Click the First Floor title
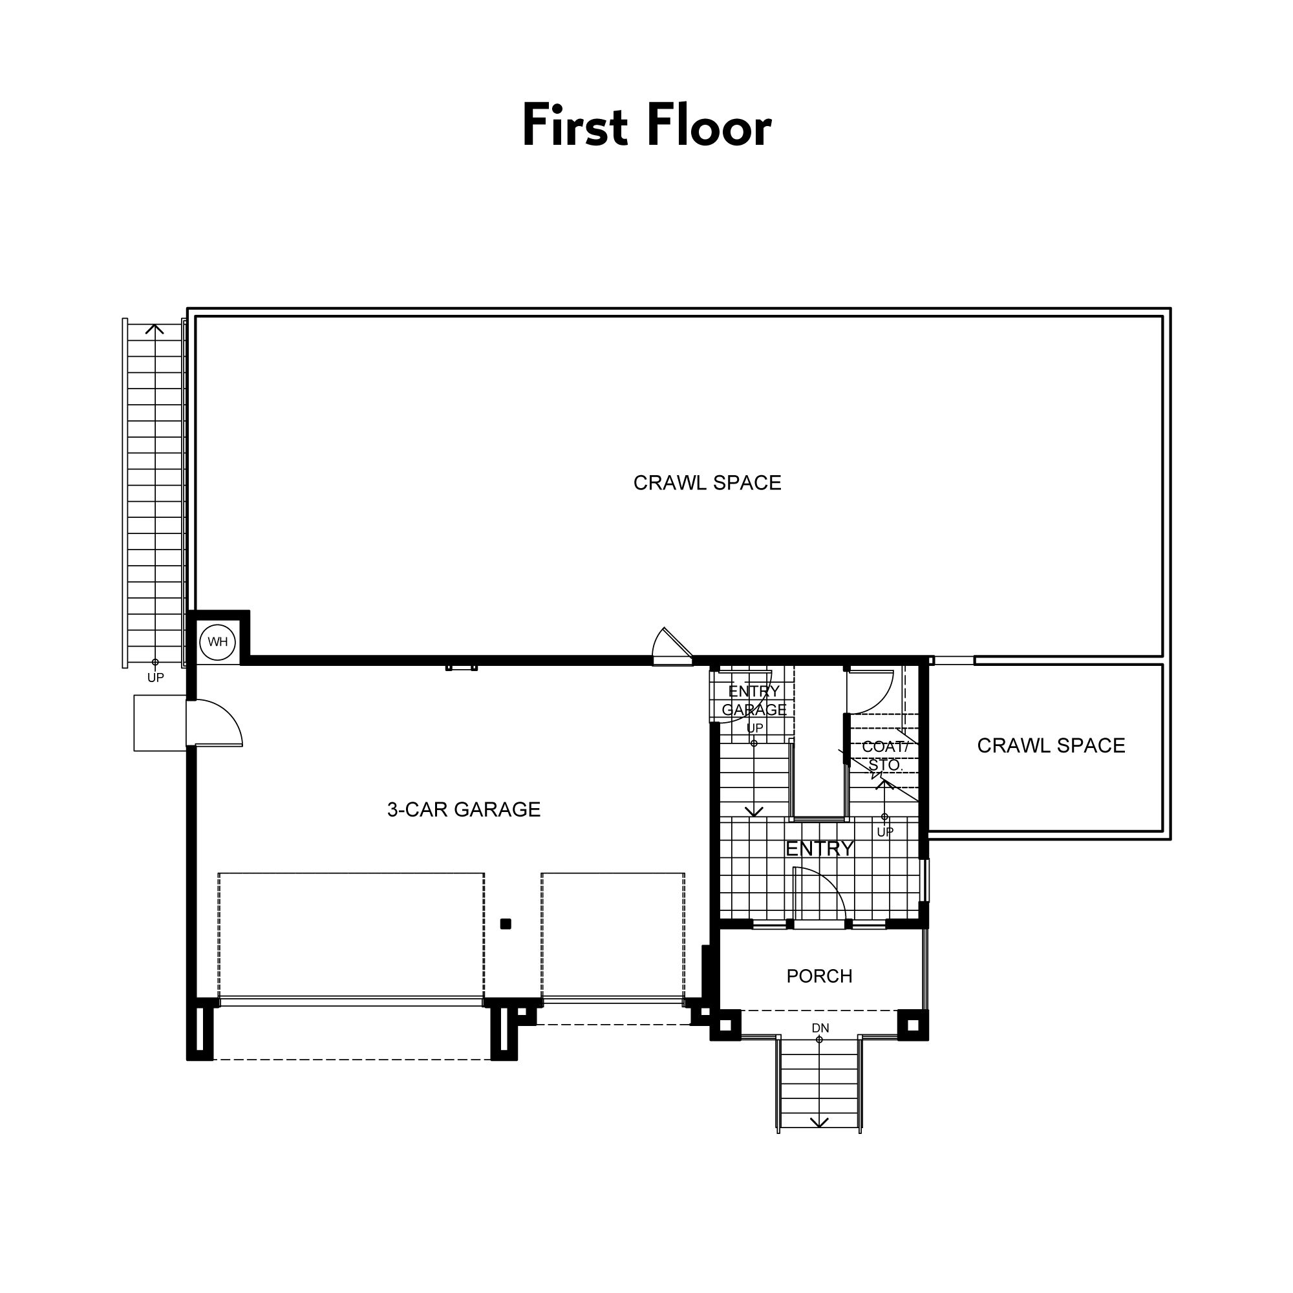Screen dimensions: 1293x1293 (646, 125)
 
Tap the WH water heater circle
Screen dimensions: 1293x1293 (217, 643)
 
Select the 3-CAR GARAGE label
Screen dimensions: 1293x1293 (464, 810)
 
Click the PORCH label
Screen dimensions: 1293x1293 (819, 976)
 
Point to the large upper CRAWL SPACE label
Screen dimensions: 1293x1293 (707, 483)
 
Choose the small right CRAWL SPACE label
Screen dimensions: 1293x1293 (1051, 745)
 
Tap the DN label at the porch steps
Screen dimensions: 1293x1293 (820, 1028)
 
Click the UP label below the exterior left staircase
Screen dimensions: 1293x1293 (155, 678)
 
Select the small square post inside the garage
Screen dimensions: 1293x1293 (506, 924)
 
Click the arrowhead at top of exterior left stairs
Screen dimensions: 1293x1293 (155, 327)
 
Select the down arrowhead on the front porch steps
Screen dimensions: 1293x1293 (820, 1122)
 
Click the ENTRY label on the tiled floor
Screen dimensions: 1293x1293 (820, 850)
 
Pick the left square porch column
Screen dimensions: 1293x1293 (726, 1025)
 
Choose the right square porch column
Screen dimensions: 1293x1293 (913, 1025)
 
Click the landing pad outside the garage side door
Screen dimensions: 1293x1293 (160, 723)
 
